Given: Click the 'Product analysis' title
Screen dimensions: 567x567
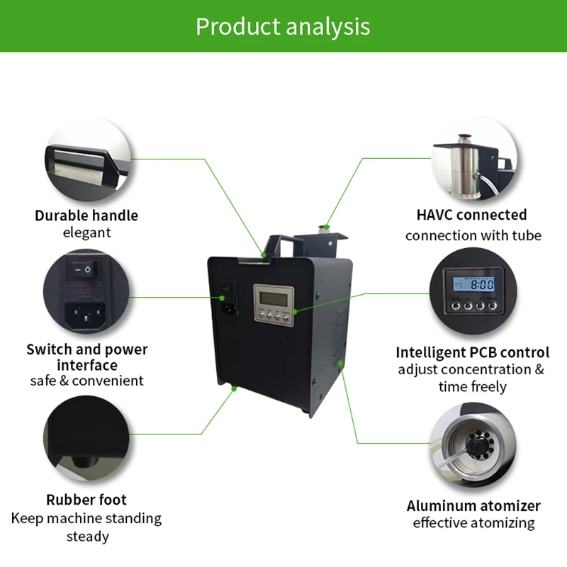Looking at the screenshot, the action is pyautogui.click(x=283, y=26).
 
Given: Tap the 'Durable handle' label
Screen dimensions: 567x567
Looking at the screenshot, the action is pyautogui.click(x=86, y=215).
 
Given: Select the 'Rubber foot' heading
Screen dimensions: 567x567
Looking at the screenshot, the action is pyautogui.click(x=86, y=500).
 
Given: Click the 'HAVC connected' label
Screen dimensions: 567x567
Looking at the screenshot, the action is pyautogui.click(x=471, y=215).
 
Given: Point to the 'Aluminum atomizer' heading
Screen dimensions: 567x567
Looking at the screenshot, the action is pyautogui.click(x=473, y=506).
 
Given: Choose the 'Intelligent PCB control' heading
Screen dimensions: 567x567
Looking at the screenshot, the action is pyautogui.click(x=472, y=352).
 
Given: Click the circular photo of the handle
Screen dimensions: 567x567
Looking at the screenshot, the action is pyautogui.click(x=86, y=159).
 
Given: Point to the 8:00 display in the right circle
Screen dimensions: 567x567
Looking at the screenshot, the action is pyautogui.click(x=482, y=283).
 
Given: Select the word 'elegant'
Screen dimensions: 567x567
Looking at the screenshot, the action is pyautogui.click(x=86, y=232).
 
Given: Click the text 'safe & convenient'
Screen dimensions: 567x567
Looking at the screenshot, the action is pyautogui.click(x=86, y=381).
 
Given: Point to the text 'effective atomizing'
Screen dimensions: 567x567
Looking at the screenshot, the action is pyautogui.click(x=473, y=523).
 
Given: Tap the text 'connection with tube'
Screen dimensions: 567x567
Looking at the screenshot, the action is pyautogui.click(x=473, y=235).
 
